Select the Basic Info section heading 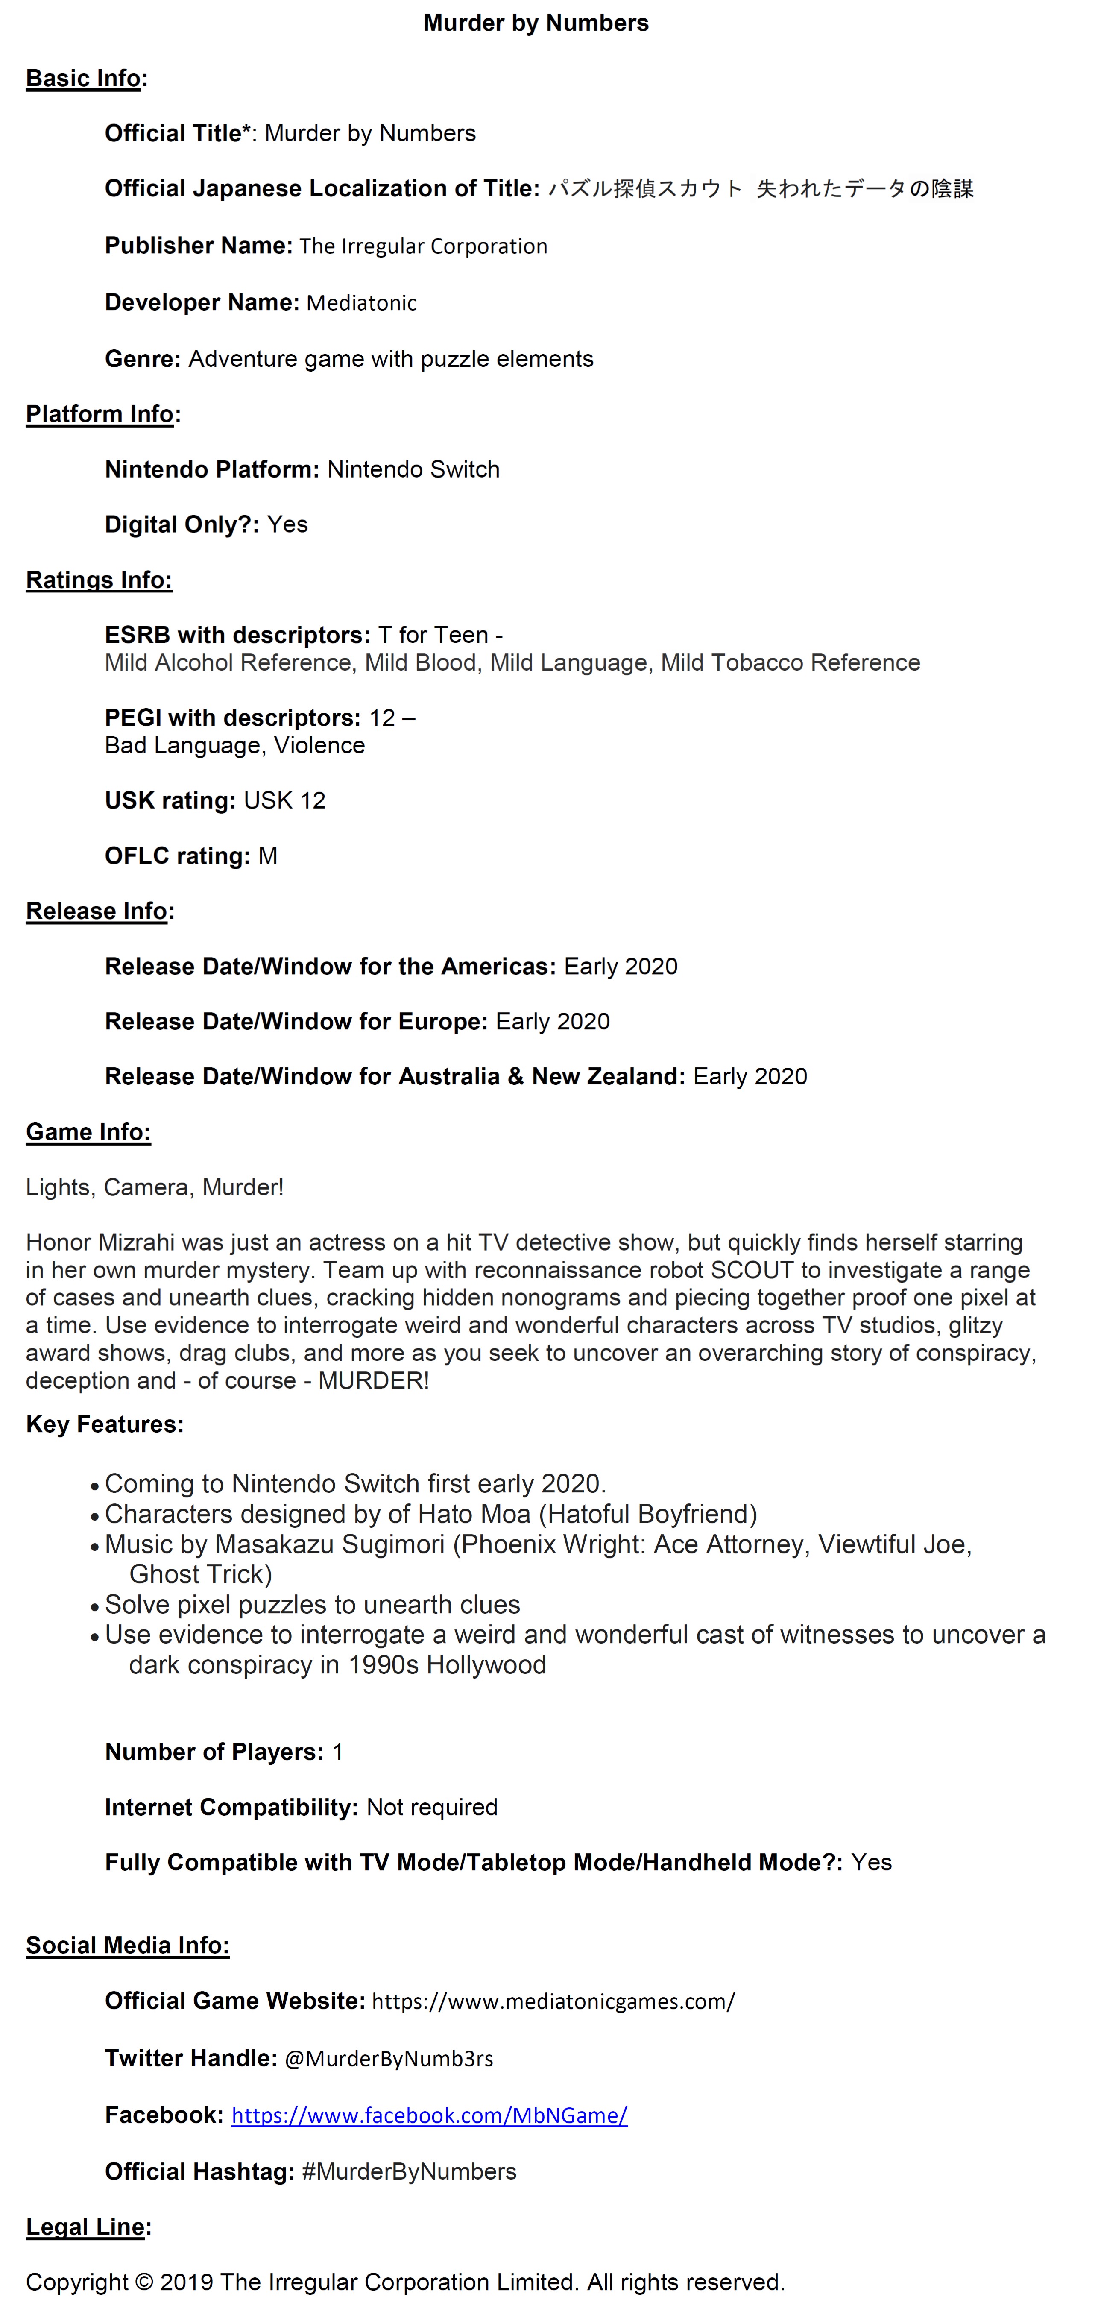coord(83,79)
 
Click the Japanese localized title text coord(760,189)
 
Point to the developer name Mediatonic coord(361,303)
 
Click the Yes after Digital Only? coord(287,525)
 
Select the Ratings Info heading coord(98,580)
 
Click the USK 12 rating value coord(284,801)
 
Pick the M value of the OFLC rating coord(267,856)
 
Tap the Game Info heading coord(88,1133)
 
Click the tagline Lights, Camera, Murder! coord(155,1188)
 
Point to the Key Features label coord(105,1424)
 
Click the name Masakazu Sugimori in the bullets coord(329,1545)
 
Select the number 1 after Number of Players coord(338,1752)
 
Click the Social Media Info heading coord(127,1946)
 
